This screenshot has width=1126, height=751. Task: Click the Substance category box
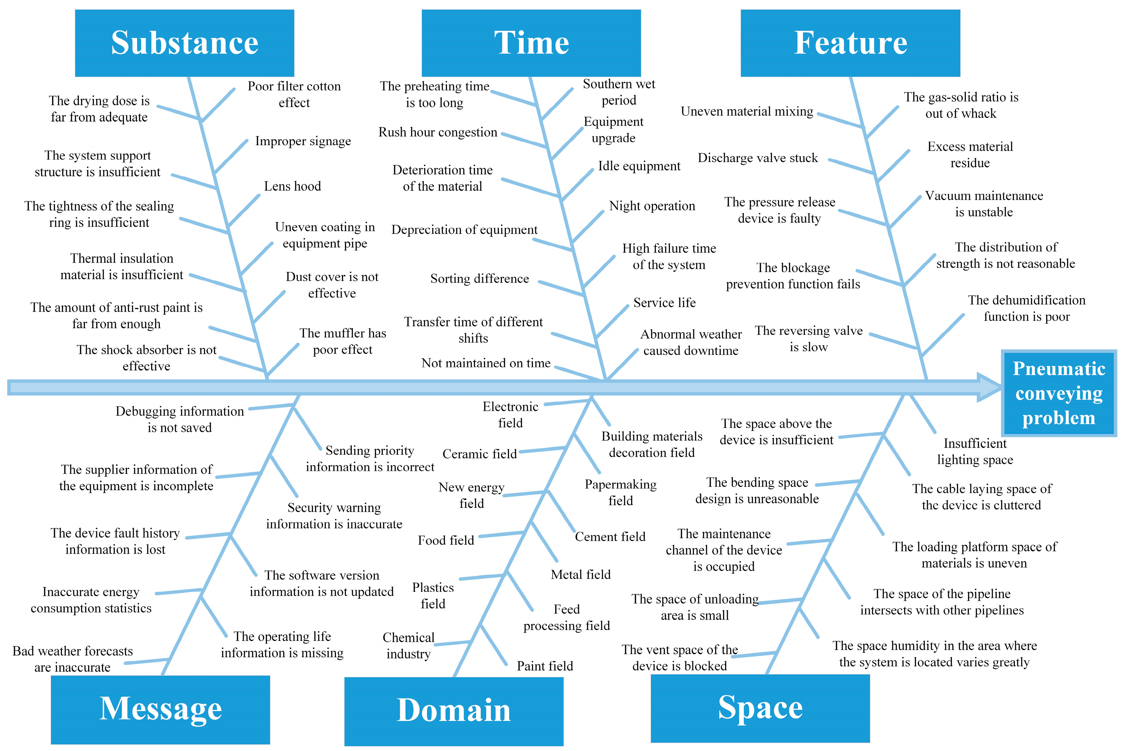point(184,43)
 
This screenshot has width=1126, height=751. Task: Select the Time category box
point(531,43)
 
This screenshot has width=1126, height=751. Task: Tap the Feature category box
point(850,43)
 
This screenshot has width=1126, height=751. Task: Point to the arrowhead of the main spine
point(989,387)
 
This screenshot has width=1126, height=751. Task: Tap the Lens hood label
point(292,186)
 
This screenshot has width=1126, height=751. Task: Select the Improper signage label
point(303,141)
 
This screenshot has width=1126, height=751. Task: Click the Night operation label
point(652,206)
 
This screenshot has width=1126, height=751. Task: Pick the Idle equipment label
point(639,166)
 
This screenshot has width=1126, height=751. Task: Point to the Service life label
point(664,303)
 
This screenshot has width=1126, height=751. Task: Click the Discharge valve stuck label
point(758,158)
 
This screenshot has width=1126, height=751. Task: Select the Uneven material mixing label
point(747,112)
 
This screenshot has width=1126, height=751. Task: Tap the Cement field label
point(610,537)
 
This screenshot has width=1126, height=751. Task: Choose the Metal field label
point(580,575)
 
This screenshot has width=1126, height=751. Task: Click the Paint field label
point(545,666)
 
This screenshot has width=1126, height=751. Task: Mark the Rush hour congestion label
point(438,132)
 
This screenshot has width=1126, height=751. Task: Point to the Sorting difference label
point(479,279)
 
